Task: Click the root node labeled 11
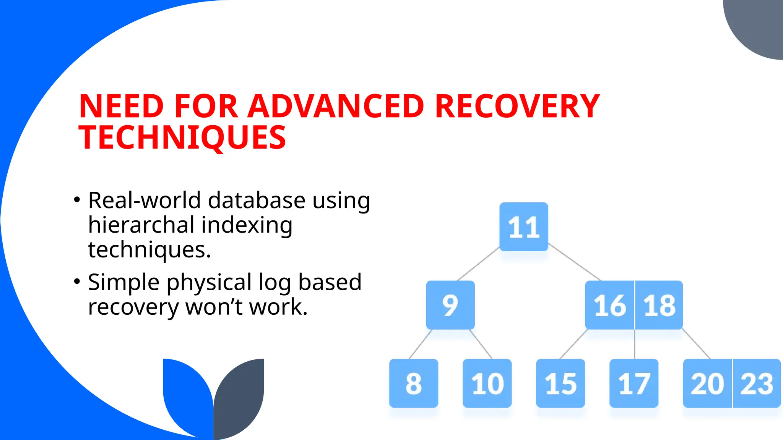(x=524, y=227)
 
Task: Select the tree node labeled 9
(x=450, y=305)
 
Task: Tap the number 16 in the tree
(x=610, y=305)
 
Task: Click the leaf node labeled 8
(x=414, y=383)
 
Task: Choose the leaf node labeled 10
(x=487, y=383)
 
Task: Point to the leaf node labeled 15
(x=560, y=383)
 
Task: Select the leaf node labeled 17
(x=634, y=383)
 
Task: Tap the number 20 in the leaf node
(x=707, y=383)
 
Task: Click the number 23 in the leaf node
(x=757, y=383)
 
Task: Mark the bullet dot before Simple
(x=77, y=281)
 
